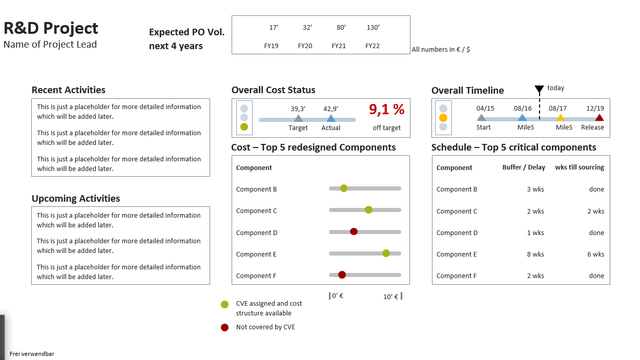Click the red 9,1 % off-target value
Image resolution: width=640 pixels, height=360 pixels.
pyautogui.click(x=386, y=110)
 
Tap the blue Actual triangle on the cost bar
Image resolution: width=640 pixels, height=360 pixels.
pyautogui.click(x=331, y=119)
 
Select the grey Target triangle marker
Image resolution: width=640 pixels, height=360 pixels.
pyautogui.click(x=298, y=119)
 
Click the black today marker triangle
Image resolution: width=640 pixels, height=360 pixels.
pyautogui.click(x=539, y=90)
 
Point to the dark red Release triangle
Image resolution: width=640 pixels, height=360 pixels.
pyautogui.click(x=599, y=118)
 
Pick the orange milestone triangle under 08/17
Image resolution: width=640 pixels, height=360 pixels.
pyautogui.click(x=561, y=118)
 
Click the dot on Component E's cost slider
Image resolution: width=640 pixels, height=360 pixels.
pyautogui.click(x=386, y=253)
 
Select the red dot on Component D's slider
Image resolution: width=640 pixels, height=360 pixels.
pyautogui.click(x=354, y=231)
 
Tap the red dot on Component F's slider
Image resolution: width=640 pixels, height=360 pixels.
pyautogui.click(x=342, y=275)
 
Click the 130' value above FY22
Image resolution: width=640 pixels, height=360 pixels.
pyautogui.click(x=373, y=28)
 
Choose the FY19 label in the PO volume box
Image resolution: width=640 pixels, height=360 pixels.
pyautogui.click(x=271, y=46)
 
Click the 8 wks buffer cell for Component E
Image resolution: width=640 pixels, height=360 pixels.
pyautogui.click(x=535, y=255)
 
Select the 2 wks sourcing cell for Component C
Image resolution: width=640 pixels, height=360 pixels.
pyautogui.click(x=596, y=211)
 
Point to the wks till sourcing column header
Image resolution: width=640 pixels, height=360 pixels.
pyautogui.click(x=580, y=167)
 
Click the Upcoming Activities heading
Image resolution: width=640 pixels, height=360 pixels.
pyautogui.click(x=76, y=199)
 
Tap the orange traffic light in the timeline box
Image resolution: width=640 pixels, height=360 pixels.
pyautogui.click(x=443, y=118)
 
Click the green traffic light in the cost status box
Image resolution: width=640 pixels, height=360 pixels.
pyautogui.click(x=244, y=126)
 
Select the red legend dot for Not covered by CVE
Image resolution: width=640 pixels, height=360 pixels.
pyautogui.click(x=224, y=327)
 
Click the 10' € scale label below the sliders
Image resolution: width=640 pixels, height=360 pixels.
pyautogui.click(x=391, y=297)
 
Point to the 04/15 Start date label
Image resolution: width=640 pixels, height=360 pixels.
pyautogui.click(x=485, y=109)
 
